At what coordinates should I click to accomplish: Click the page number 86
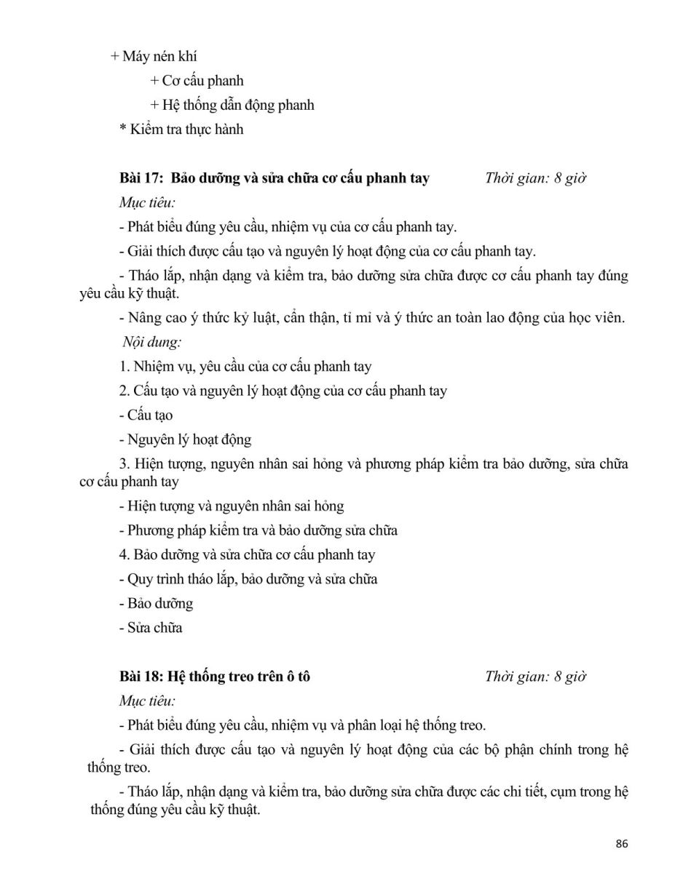pos(621,844)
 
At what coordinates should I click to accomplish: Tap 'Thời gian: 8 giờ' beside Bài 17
pos(535,178)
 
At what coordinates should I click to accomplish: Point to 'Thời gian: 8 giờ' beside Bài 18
pos(535,677)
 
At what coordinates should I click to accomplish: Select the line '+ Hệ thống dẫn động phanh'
pos(232,105)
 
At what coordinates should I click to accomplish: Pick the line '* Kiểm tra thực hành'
pos(181,129)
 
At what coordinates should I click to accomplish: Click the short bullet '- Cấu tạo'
pos(146,415)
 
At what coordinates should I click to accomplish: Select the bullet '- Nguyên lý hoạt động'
pos(185,439)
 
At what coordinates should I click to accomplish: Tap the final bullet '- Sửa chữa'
pos(150,628)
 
